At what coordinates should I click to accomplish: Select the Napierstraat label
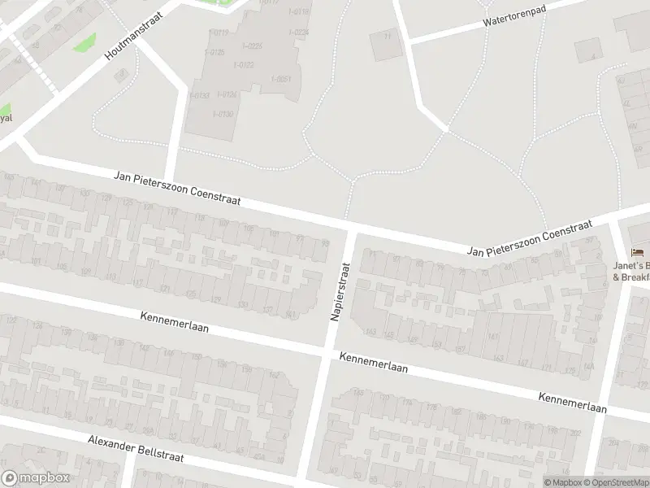(x=340, y=290)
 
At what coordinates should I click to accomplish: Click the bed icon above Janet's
(x=635, y=252)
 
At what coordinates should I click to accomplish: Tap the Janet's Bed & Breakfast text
(x=632, y=271)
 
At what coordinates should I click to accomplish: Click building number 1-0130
(x=223, y=114)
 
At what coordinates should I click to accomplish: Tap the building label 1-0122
(x=244, y=65)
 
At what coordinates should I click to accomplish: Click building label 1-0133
(x=199, y=95)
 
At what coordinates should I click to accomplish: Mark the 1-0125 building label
(x=216, y=52)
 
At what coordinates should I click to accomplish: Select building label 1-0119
(x=219, y=32)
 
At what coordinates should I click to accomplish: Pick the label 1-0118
(x=298, y=11)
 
